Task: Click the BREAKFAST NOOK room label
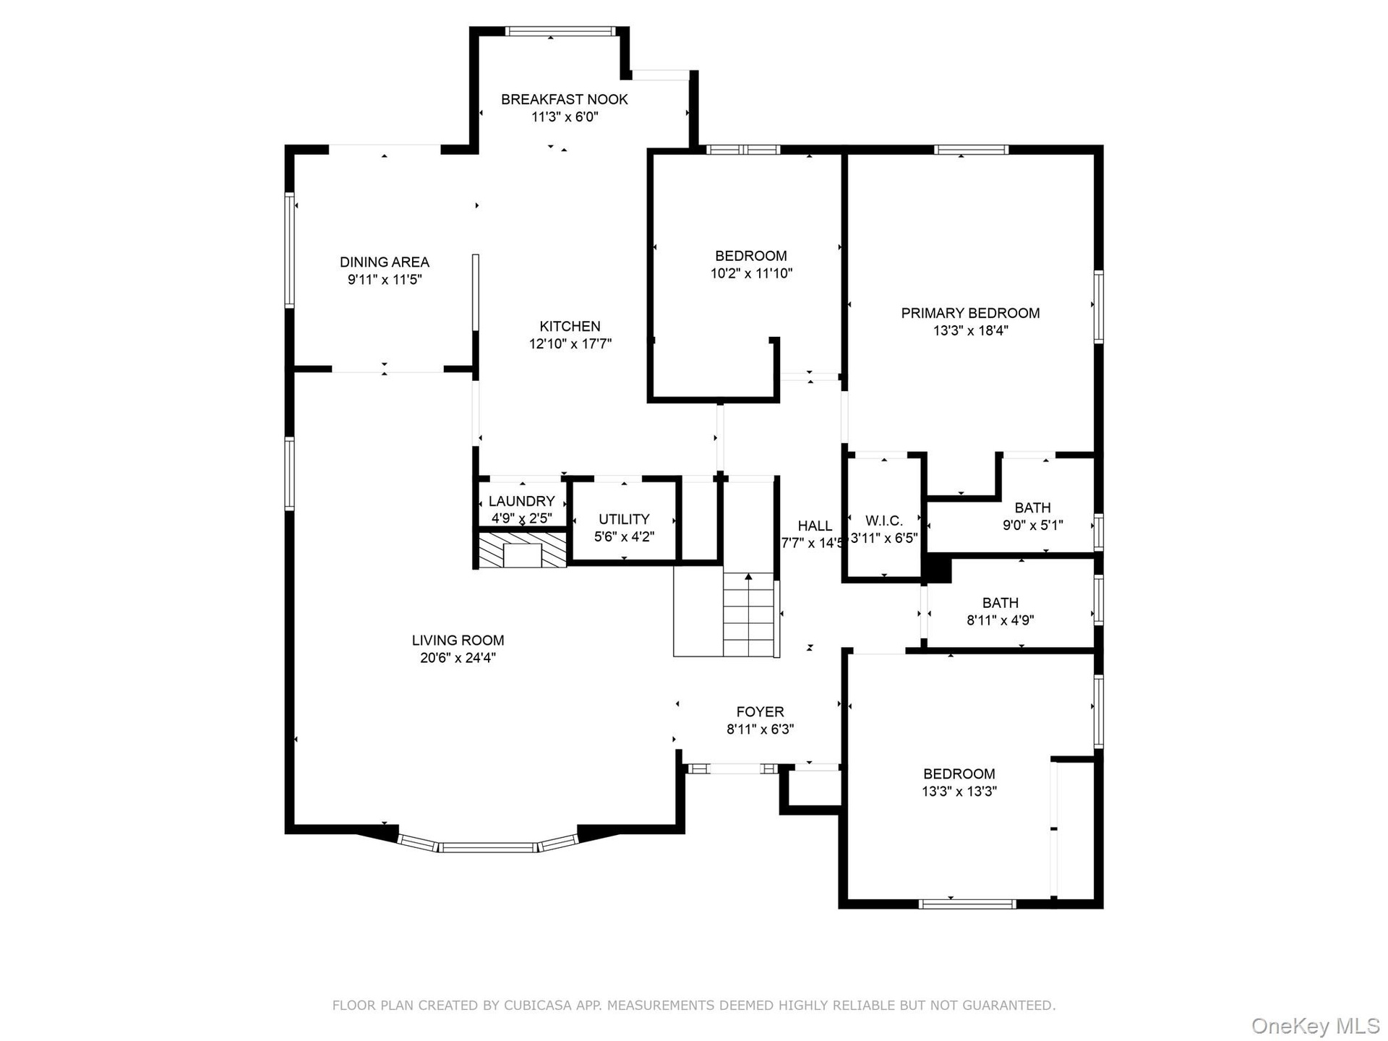(x=565, y=100)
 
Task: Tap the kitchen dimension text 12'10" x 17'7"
(x=570, y=344)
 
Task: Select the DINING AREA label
(x=385, y=262)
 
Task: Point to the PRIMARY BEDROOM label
(x=970, y=313)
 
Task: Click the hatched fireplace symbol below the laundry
(x=522, y=550)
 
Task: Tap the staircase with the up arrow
(x=749, y=614)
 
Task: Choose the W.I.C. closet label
(x=884, y=520)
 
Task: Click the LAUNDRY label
(x=521, y=502)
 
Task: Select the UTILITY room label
(x=624, y=519)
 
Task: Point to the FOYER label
(x=760, y=712)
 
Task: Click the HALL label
(x=815, y=526)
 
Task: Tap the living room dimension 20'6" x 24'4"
(x=458, y=658)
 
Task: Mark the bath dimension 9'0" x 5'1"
(x=1032, y=526)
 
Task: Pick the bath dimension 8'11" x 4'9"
(x=1001, y=620)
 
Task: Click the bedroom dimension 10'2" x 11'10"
(x=751, y=273)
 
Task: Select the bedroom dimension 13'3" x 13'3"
(x=959, y=792)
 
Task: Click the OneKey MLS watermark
(x=1316, y=1026)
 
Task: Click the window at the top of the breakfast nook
(x=560, y=31)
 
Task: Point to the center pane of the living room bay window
(x=488, y=847)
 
